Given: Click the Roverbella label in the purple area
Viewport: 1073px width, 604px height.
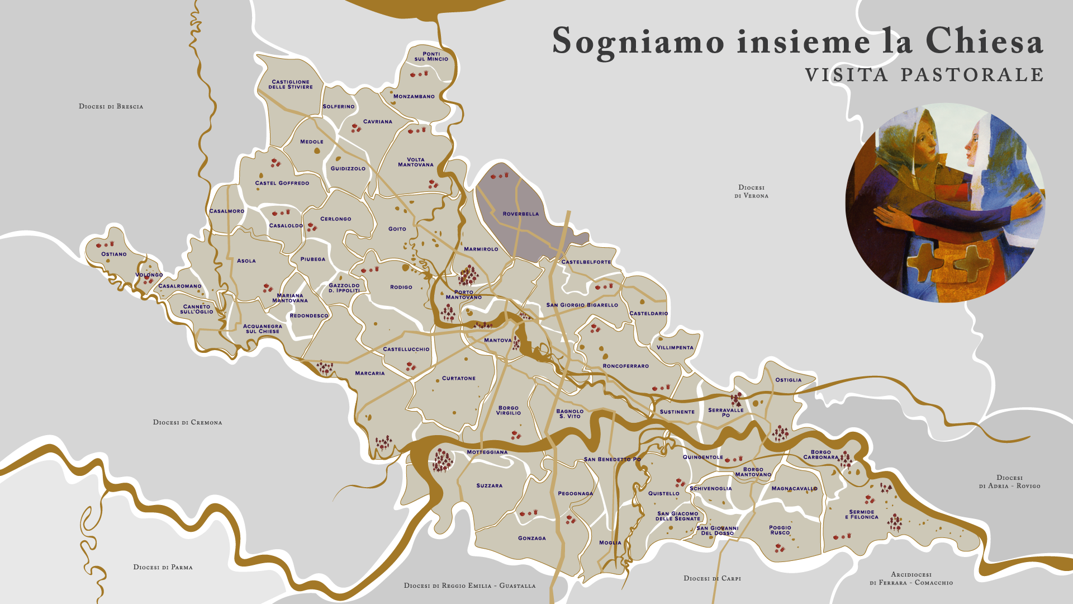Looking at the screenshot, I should [x=520, y=214].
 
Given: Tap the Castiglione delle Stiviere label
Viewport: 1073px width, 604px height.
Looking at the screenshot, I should [x=291, y=84].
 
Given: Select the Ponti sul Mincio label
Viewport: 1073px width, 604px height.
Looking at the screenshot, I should [x=431, y=56].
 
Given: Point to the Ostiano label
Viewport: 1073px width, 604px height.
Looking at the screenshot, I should [x=114, y=254].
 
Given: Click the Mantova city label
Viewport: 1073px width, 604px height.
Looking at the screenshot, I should [x=497, y=341].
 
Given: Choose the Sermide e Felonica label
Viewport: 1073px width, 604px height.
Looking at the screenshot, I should [x=861, y=515].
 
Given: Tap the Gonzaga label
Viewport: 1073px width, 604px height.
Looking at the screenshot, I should [x=531, y=539].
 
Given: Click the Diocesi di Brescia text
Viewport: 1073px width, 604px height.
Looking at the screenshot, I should [x=111, y=106].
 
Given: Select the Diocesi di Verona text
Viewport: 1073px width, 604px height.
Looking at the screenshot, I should [x=751, y=192].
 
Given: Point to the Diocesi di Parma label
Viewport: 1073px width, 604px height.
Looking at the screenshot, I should [x=163, y=567].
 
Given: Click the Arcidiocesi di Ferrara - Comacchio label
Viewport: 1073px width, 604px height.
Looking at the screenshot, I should [x=911, y=579].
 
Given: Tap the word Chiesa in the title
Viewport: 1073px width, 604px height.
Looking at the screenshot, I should [x=984, y=41].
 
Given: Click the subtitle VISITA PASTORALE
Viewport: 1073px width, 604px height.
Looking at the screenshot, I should [x=924, y=75].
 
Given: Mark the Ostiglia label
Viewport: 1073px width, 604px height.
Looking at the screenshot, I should [x=788, y=380].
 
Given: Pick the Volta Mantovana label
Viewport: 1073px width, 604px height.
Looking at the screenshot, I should [x=415, y=162].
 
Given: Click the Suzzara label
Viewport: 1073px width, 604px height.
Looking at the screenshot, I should [x=489, y=486].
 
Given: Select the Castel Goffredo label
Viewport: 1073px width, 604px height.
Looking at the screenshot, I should [x=282, y=183].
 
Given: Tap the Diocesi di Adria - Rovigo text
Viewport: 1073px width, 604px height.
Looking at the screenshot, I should [x=1009, y=482].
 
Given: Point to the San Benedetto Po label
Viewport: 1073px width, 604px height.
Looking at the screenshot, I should [x=612, y=460].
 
